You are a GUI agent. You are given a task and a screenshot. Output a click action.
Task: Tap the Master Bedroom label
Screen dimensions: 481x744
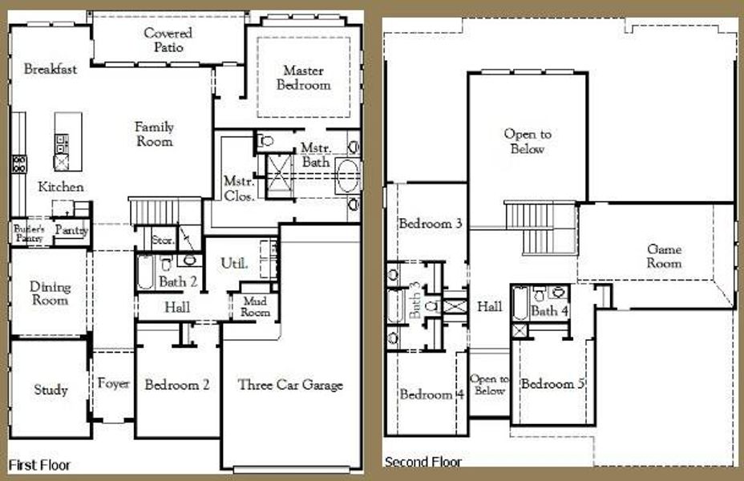pyautogui.click(x=304, y=78)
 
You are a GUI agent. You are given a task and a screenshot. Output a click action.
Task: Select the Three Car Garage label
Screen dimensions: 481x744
pyautogui.click(x=290, y=385)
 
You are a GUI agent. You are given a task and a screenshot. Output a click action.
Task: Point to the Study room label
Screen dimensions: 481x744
pyautogui.click(x=51, y=390)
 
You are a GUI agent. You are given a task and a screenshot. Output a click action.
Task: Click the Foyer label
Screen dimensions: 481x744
pyautogui.click(x=114, y=384)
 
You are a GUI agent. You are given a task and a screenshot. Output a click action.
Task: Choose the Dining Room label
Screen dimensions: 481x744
pyautogui.click(x=50, y=293)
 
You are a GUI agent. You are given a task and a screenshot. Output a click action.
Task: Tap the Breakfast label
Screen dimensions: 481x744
pyautogui.click(x=51, y=69)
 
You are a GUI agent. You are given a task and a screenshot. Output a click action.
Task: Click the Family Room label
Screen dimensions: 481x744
pyautogui.click(x=154, y=134)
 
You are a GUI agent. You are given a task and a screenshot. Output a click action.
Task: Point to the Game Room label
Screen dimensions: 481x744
pyautogui.click(x=665, y=257)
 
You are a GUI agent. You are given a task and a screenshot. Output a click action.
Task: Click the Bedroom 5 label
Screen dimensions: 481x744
pyautogui.click(x=552, y=384)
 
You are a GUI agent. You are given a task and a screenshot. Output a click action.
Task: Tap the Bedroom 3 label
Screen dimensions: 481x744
pyautogui.click(x=431, y=224)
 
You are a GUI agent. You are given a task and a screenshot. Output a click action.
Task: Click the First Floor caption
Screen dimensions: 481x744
pyautogui.click(x=39, y=465)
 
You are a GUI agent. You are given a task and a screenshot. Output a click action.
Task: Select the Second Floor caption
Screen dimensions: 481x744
pyautogui.click(x=423, y=463)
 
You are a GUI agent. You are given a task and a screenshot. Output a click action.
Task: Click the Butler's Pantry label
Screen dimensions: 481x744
pyautogui.click(x=27, y=233)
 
